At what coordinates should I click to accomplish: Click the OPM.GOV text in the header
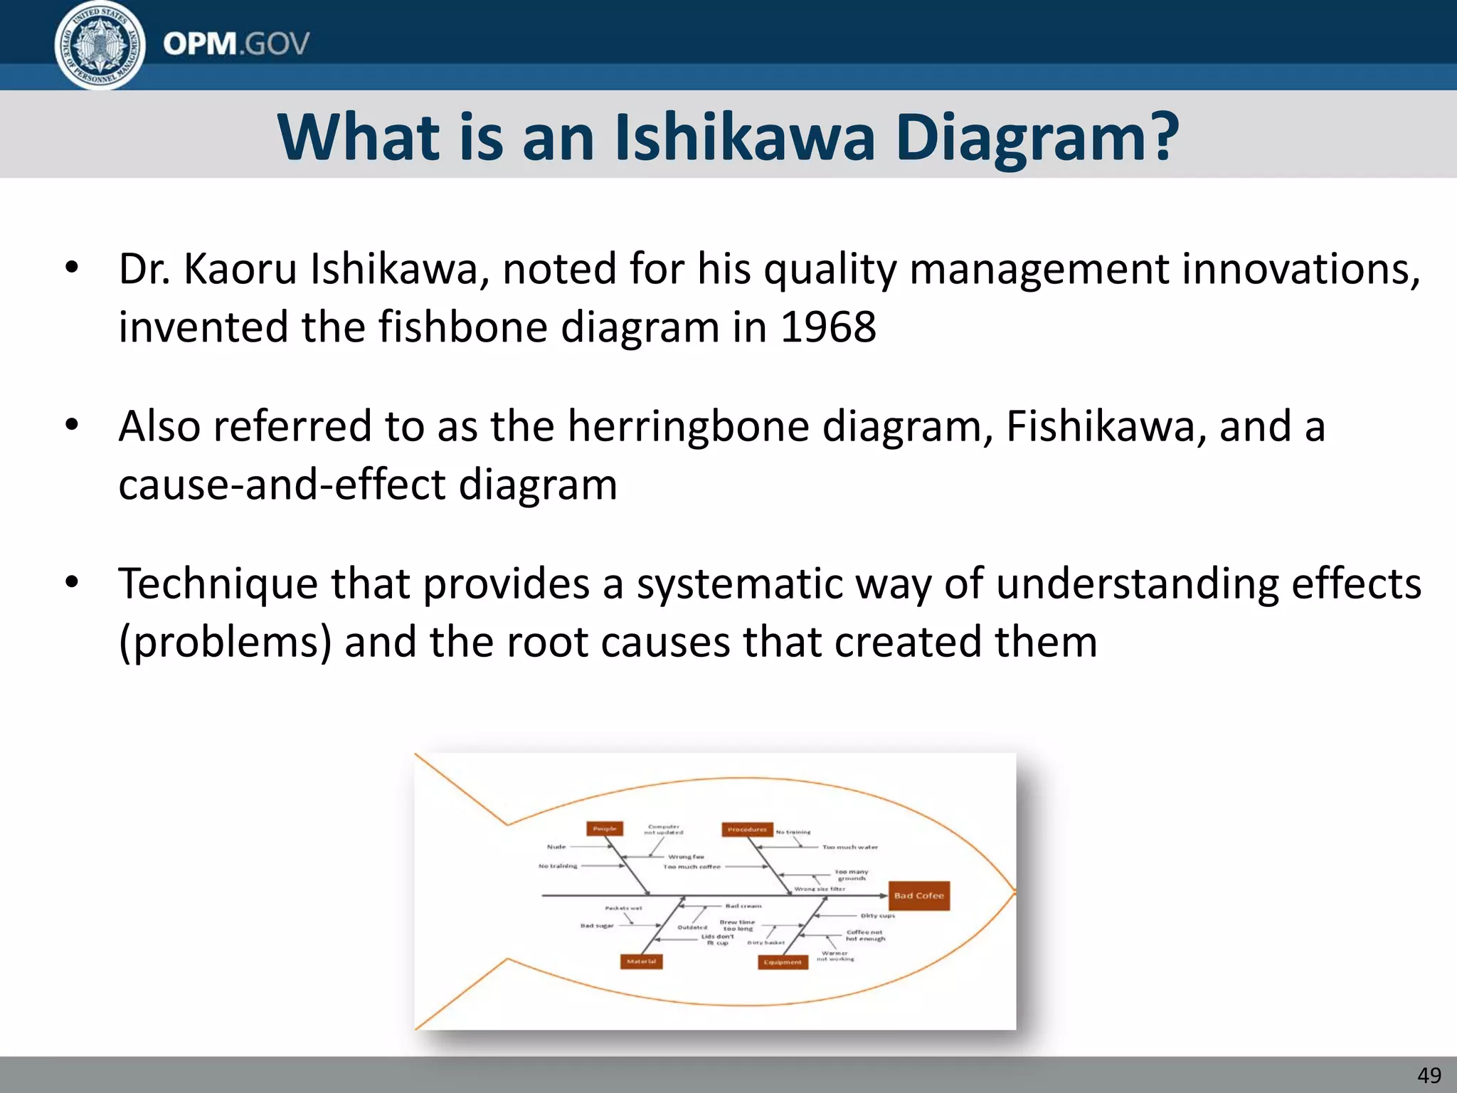tap(236, 44)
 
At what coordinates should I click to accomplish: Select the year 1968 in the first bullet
tap(828, 327)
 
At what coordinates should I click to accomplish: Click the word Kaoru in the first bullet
tap(239, 270)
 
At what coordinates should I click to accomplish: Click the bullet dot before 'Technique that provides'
tap(72, 583)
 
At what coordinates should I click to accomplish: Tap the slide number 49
tap(1429, 1074)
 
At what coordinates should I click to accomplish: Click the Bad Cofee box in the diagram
tap(918, 896)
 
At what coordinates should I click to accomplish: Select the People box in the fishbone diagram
tap(605, 829)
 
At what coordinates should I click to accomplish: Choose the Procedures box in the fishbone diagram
tap(746, 830)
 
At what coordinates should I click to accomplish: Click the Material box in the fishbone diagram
tap(641, 962)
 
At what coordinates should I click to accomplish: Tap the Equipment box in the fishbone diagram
tap(783, 962)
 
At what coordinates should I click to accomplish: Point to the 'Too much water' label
tap(850, 848)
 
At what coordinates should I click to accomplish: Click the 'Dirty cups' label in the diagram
tap(878, 916)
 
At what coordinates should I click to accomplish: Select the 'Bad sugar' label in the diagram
tap(597, 926)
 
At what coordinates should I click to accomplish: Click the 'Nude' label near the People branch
tap(556, 847)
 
